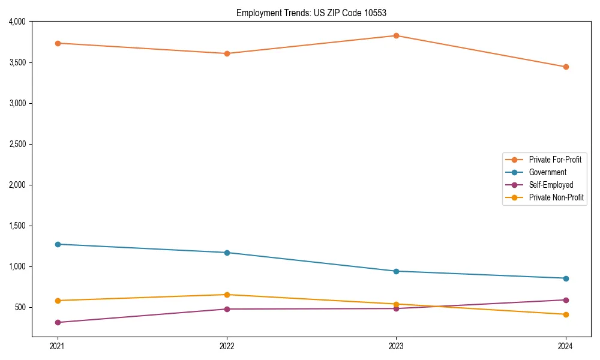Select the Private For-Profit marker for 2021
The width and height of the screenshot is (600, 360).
58,43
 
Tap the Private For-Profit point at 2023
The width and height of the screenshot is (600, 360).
396,35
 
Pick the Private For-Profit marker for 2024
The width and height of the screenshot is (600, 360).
566,67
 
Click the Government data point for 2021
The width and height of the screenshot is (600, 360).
58,244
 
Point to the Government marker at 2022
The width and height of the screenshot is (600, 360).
227,253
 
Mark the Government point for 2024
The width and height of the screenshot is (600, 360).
566,278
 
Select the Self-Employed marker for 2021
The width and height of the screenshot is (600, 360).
58,322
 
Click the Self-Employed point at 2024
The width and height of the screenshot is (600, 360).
566,300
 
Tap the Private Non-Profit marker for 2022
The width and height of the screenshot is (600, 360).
227,295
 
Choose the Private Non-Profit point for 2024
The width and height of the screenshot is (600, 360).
566,314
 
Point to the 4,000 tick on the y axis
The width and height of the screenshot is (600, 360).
17,22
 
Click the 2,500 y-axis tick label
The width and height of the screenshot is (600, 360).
17,144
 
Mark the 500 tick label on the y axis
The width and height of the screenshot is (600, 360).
20,307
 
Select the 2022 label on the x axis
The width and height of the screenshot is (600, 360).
227,346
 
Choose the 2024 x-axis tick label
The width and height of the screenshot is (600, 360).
566,346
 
